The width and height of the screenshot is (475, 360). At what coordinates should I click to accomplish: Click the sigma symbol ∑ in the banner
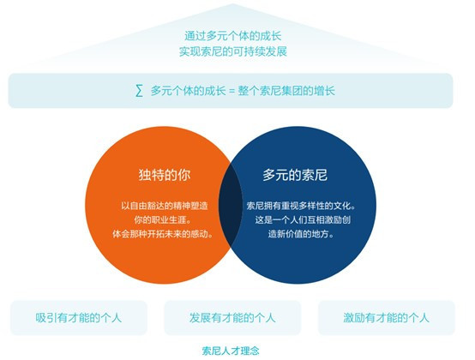coord(139,91)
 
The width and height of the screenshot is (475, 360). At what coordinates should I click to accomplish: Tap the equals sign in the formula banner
coord(231,91)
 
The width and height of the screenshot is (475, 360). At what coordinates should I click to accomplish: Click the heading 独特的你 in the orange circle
coord(165,175)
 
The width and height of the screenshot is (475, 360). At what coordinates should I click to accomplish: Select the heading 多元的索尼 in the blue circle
coord(295,175)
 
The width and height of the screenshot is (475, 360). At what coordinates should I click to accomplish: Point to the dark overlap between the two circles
coord(231,205)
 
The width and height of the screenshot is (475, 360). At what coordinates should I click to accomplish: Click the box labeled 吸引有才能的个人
coord(79,318)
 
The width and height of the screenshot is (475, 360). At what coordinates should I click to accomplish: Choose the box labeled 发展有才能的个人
coord(232,318)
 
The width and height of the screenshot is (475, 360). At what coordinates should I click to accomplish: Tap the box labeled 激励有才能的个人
coord(386,318)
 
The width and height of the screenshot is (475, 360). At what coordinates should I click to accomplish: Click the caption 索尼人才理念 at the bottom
coord(231,351)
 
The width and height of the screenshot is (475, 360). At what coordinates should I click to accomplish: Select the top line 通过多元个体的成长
coord(233,36)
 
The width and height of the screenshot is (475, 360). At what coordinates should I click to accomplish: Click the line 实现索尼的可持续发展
coord(233,51)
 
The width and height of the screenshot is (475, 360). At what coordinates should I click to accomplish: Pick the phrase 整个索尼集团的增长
coord(286,91)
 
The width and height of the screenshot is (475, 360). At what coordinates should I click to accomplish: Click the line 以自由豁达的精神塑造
coord(165,206)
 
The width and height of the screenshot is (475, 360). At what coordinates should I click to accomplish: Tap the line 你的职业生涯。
coord(164,219)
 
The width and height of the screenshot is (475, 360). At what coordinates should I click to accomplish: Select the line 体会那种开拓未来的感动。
coord(163,234)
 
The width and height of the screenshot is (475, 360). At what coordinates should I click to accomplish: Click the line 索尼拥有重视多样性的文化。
coord(301,206)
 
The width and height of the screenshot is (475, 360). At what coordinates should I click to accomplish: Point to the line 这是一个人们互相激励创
coord(303,219)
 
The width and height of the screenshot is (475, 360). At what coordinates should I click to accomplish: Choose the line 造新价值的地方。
coord(301,234)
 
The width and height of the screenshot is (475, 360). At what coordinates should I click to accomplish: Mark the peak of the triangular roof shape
coord(232,3)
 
